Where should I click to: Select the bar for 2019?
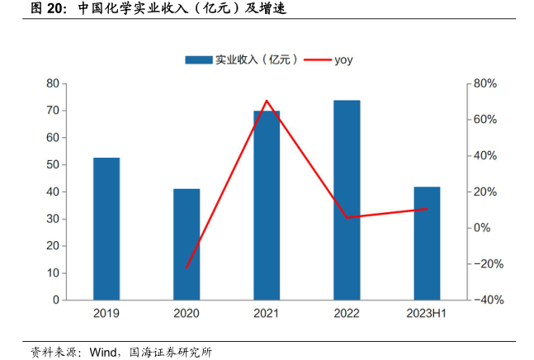(106, 229)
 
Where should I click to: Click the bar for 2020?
(187, 244)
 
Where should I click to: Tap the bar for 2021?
(267, 205)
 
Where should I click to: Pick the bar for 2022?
(347, 200)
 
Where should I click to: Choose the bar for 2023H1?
(427, 244)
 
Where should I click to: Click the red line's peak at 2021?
(267, 101)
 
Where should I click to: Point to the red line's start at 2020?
(187, 268)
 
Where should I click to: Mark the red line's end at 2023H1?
(427, 209)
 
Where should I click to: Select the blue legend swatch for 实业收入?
(199, 59)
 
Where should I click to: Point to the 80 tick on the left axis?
(52, 83)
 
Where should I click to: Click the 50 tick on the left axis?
(52, 165)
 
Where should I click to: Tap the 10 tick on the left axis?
(52, 273)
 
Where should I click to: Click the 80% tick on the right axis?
(484, 83)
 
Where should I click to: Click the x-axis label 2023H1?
(427, 315)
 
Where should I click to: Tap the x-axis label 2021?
(267, 315)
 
